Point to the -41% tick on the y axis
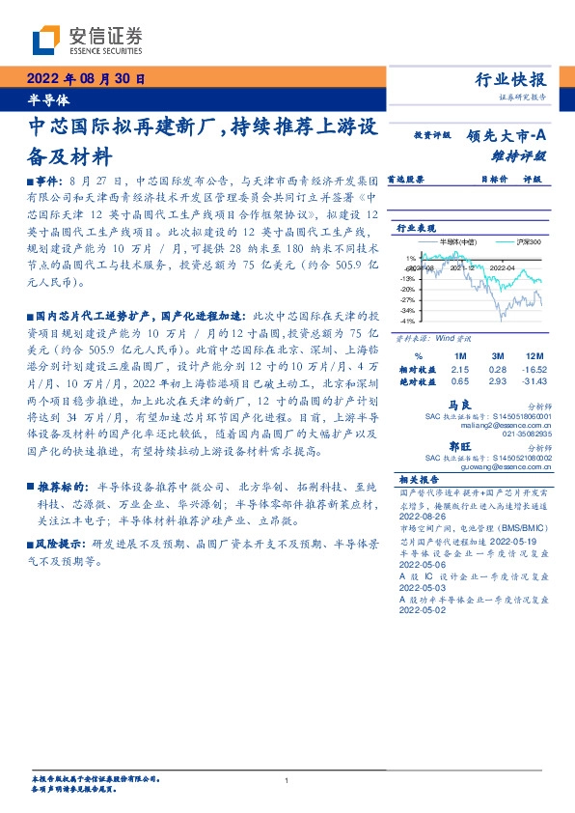point(410,320)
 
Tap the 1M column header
point(459,356)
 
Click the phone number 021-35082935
point(529,435)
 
